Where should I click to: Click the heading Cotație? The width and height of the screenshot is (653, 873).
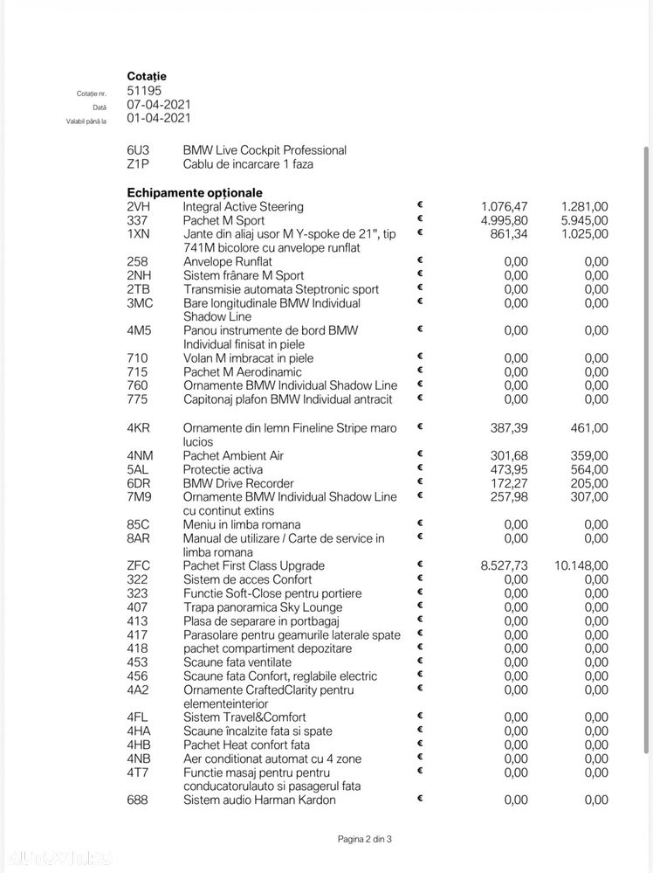[147, 76]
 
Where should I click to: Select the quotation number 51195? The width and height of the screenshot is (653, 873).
[144, 90]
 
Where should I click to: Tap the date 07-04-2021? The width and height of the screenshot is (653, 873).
[159, 104]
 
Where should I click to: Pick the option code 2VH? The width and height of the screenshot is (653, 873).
[138, 206]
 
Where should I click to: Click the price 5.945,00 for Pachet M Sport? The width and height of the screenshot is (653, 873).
[585, 220]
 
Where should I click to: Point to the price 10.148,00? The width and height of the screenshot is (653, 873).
[581, 565]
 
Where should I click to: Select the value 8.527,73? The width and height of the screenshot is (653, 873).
[505, 565]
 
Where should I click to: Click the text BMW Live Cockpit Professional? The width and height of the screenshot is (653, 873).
[265, 150]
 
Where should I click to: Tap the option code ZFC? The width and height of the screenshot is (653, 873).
[138, 565]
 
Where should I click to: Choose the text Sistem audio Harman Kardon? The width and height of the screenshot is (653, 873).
[259, 800]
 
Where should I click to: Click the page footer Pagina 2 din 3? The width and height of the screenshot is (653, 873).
[365, 839]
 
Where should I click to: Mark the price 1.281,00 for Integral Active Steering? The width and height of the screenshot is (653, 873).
[585, 206]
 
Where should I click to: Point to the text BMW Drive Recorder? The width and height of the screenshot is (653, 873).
[238, 483]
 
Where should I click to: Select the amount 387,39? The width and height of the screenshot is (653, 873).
[510, 428]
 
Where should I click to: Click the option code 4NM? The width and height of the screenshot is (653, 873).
[140, 455]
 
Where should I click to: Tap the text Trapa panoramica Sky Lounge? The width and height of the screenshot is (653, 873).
[263, 607]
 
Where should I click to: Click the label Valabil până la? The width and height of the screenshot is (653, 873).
[86, 121]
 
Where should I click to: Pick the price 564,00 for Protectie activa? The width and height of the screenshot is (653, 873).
[590, 469]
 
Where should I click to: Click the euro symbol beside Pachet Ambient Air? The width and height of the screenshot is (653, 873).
[420, 454]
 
